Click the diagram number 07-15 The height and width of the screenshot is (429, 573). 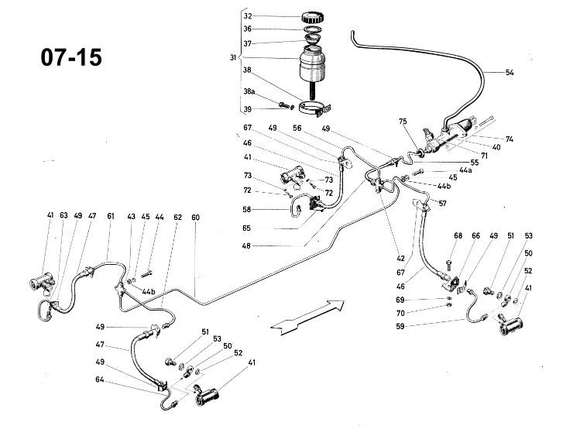point(71,57)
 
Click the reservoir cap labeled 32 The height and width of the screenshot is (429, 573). point(314,17)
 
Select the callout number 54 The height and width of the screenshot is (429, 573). point(510,73)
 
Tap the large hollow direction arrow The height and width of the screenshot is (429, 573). point(307,315)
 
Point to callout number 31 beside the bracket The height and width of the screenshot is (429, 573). point(233,58)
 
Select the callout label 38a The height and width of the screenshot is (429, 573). point(249,91)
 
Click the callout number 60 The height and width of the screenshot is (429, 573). point(195,218)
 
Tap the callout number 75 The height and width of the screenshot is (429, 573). point(403,122)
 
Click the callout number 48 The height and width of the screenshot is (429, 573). point(246,246)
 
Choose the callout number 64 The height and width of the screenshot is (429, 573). point(100,379)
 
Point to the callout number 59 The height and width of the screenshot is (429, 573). point(400,326)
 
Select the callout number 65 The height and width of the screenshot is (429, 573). point(247,228)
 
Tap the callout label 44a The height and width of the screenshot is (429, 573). point(465,170)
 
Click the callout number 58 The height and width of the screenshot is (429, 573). point(247,210)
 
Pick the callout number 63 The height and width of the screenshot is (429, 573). point(63,215)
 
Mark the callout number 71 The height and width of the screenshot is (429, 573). point(484,156)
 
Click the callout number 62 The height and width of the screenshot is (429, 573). point(177,218)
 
